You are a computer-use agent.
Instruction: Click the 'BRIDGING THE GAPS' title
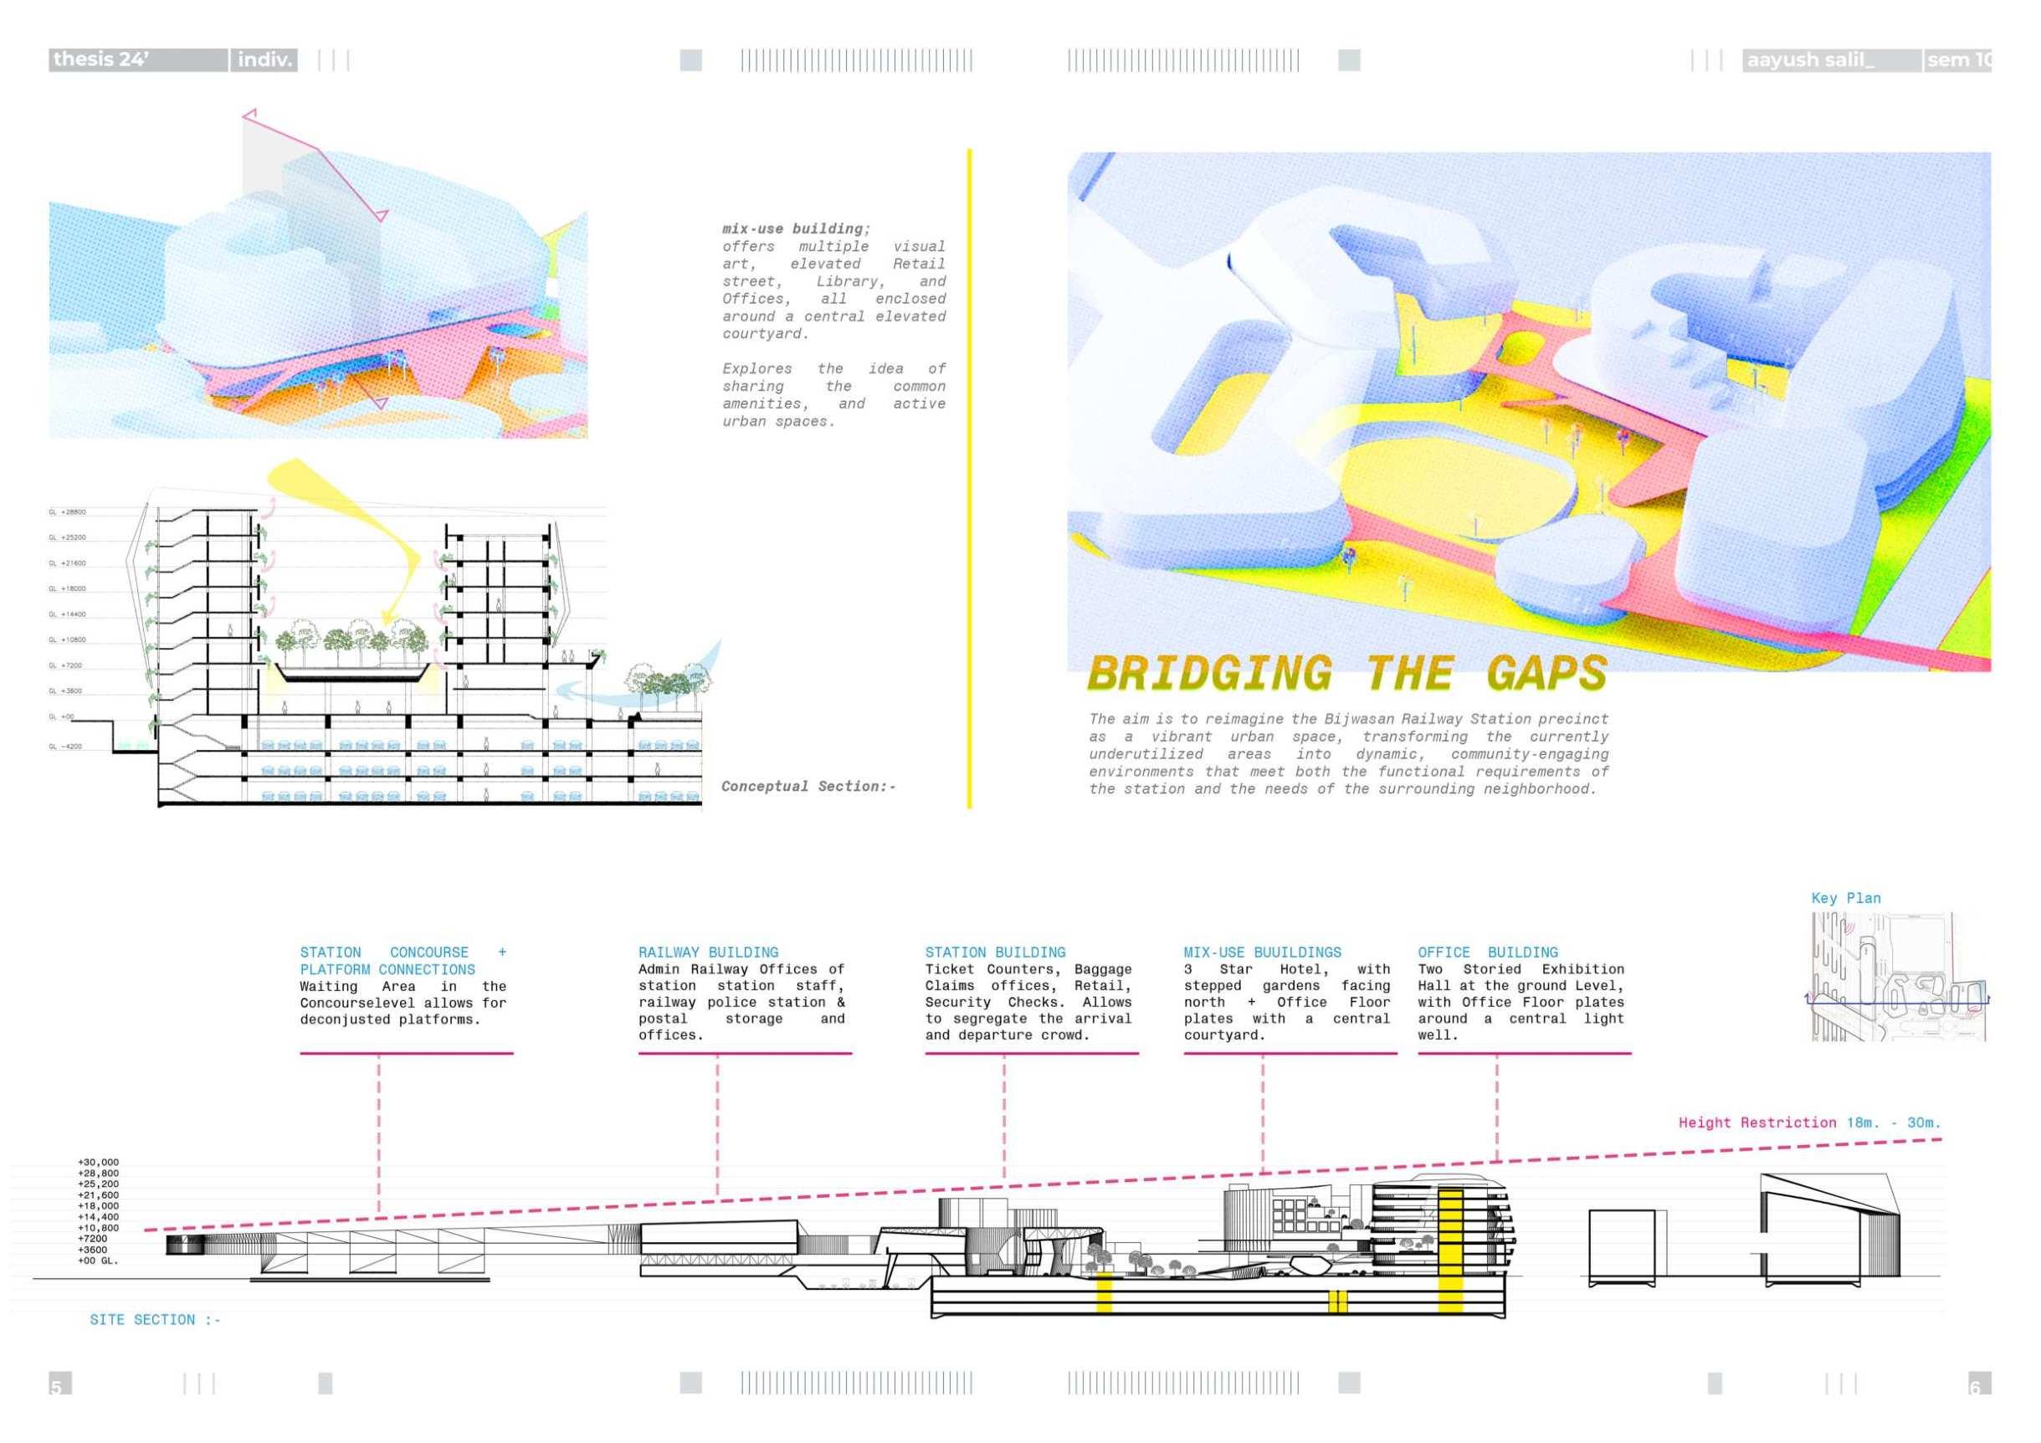[x=1346, y=673]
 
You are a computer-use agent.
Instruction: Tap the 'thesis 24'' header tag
[x=101, y=59]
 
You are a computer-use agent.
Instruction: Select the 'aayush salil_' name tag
[x=1810, y=60]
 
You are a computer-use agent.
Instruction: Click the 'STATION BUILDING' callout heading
[x=995, y=953]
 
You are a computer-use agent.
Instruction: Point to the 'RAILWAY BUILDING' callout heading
[x=708, y=953]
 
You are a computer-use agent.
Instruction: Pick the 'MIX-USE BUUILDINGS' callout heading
[x=1261, y=953]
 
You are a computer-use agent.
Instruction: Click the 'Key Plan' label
[x=1845, y=898]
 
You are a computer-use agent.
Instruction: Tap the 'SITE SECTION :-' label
[x=155, y=1319]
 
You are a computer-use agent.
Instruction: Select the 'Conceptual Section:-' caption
[x=808, y=786]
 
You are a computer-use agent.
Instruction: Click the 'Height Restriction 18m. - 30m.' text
[x=1809, y=1123]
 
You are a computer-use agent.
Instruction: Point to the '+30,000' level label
[x=98, y=1162]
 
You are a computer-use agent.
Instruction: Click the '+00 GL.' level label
[x=98, y=1261]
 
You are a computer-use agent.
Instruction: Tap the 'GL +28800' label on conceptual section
[x=68, y=512]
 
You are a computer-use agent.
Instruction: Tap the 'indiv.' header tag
[x=264, y=59]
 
